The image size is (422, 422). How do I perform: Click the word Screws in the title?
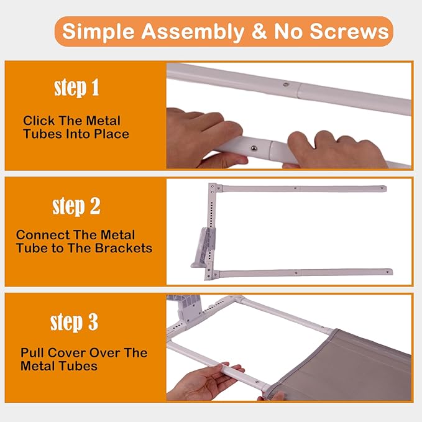tap(349, 31)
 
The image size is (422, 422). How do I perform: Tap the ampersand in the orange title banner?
tap(259, 31)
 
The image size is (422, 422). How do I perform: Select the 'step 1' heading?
tap(76, 88)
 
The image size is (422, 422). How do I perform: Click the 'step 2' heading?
tap(76, 206)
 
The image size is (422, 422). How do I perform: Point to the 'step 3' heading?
tap(75, 322)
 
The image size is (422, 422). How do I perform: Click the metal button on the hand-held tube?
tap(254, 148)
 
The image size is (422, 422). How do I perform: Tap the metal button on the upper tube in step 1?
tap(286, 85)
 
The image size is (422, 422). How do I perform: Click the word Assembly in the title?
tap(193, 32)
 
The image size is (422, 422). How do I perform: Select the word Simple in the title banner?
tap(98, 32)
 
